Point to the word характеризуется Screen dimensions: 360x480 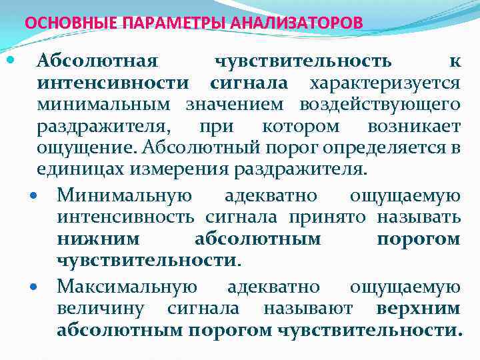384,83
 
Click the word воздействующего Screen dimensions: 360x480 379,105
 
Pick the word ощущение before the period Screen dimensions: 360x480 77,147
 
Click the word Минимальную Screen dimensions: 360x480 125,196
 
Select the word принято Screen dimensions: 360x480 327,217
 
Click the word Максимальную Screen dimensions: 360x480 127,287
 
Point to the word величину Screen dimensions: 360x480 101,309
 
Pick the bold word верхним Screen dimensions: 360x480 418,309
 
